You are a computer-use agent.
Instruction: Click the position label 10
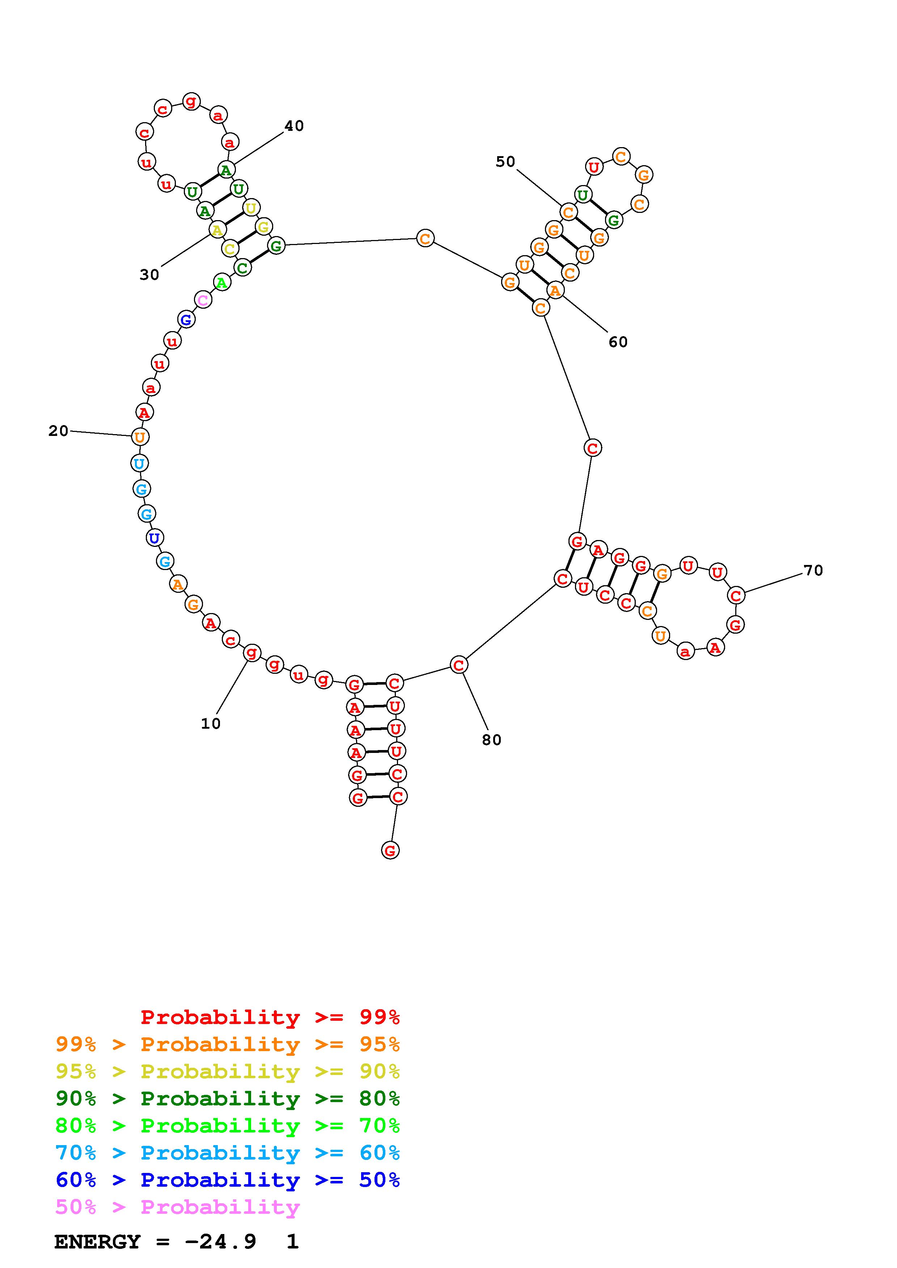pos(211,724)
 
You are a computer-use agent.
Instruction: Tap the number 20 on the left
pos(59,431)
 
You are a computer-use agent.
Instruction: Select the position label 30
pos(149,274)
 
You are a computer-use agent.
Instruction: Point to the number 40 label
pos(294,126)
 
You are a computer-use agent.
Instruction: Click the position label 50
pos(505,162)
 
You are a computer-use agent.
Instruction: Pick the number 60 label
pos(618,342)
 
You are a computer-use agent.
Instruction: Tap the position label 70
pos(813,570)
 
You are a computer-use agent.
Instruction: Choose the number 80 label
pos(491,740)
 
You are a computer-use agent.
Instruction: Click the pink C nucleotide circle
pos(203,300)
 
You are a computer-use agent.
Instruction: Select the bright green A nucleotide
pos(221,283)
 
